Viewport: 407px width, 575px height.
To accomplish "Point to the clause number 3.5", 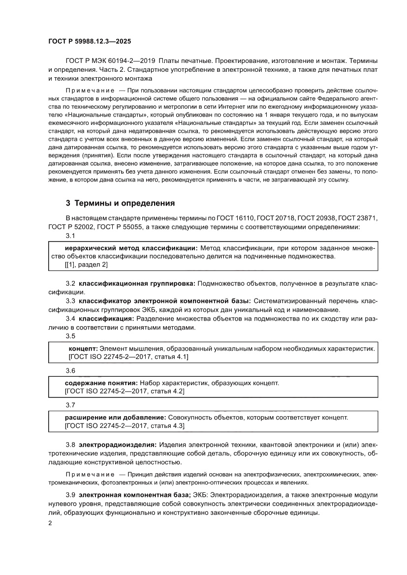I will [70, 336].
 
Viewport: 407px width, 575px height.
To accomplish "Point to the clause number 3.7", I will [70, 405].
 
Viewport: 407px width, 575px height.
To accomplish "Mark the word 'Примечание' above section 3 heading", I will [90, 91].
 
